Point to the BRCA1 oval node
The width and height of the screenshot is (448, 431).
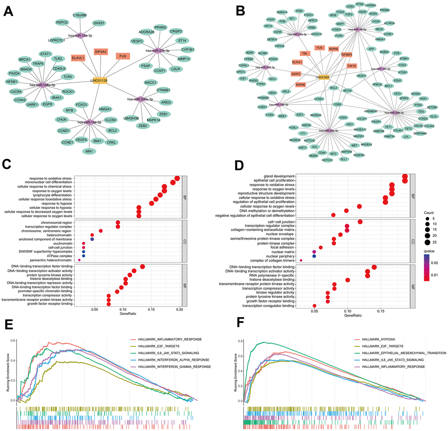point(25,59)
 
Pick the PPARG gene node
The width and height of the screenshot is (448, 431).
point(161,27)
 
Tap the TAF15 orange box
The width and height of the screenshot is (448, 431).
point(351,66)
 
